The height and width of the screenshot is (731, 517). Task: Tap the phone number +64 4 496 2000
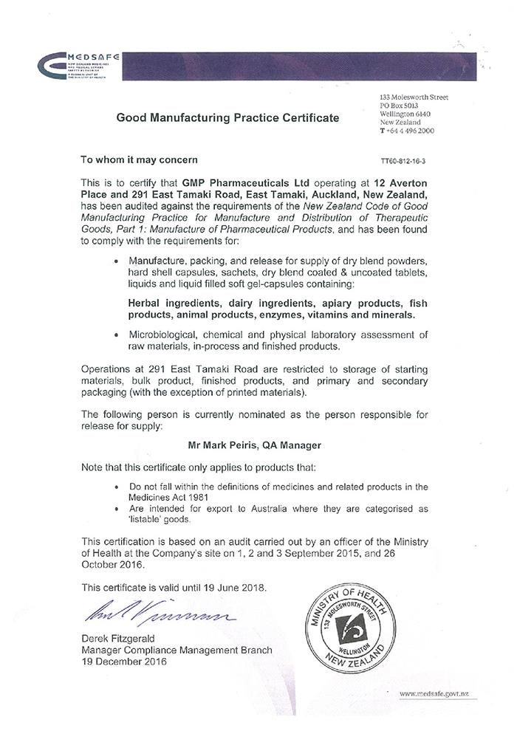click(409, 131)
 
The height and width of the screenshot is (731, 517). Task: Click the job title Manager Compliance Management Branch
click(177, 651)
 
